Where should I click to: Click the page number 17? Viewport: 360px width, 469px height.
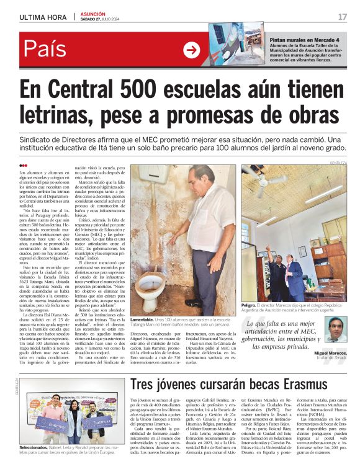[342, 17]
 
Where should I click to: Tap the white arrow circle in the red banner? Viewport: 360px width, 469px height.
[192, 49]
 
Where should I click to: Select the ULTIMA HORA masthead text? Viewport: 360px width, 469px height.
[43, 17]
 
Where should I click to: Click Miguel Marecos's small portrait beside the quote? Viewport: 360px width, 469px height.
[336, 329]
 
